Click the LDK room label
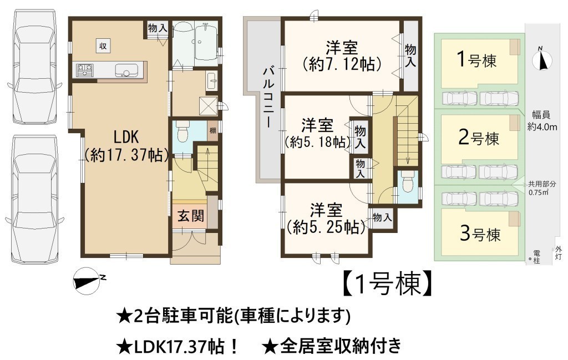coord(126,137)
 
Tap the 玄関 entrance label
coord(191,216)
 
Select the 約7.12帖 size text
coord(342,64)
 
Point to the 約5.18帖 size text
coord(318,142)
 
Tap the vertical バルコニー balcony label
coord(268,97)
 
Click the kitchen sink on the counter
coord(126,70)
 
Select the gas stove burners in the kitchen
coord(85,70)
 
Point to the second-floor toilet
coord(408,181)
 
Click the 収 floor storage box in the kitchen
coord(103,46)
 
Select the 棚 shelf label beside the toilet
coord(212,130)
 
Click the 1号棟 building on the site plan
coord(478,62)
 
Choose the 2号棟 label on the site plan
coord(479,138)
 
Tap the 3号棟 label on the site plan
coord(480,234)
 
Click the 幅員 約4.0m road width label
coord(542,121)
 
